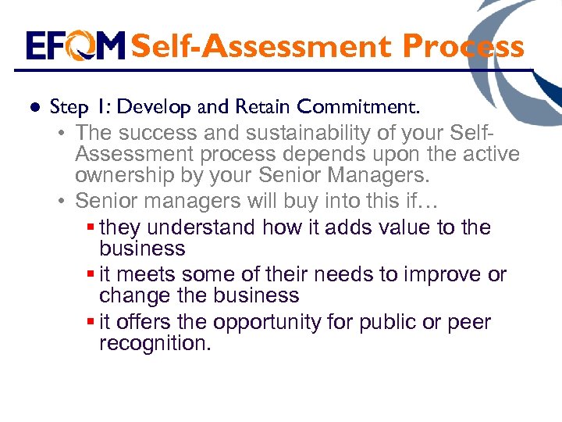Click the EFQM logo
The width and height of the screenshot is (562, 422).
pos(75,46)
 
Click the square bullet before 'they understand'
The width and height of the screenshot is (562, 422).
pos(91,227)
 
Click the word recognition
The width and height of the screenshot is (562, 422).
pos(155,343)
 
